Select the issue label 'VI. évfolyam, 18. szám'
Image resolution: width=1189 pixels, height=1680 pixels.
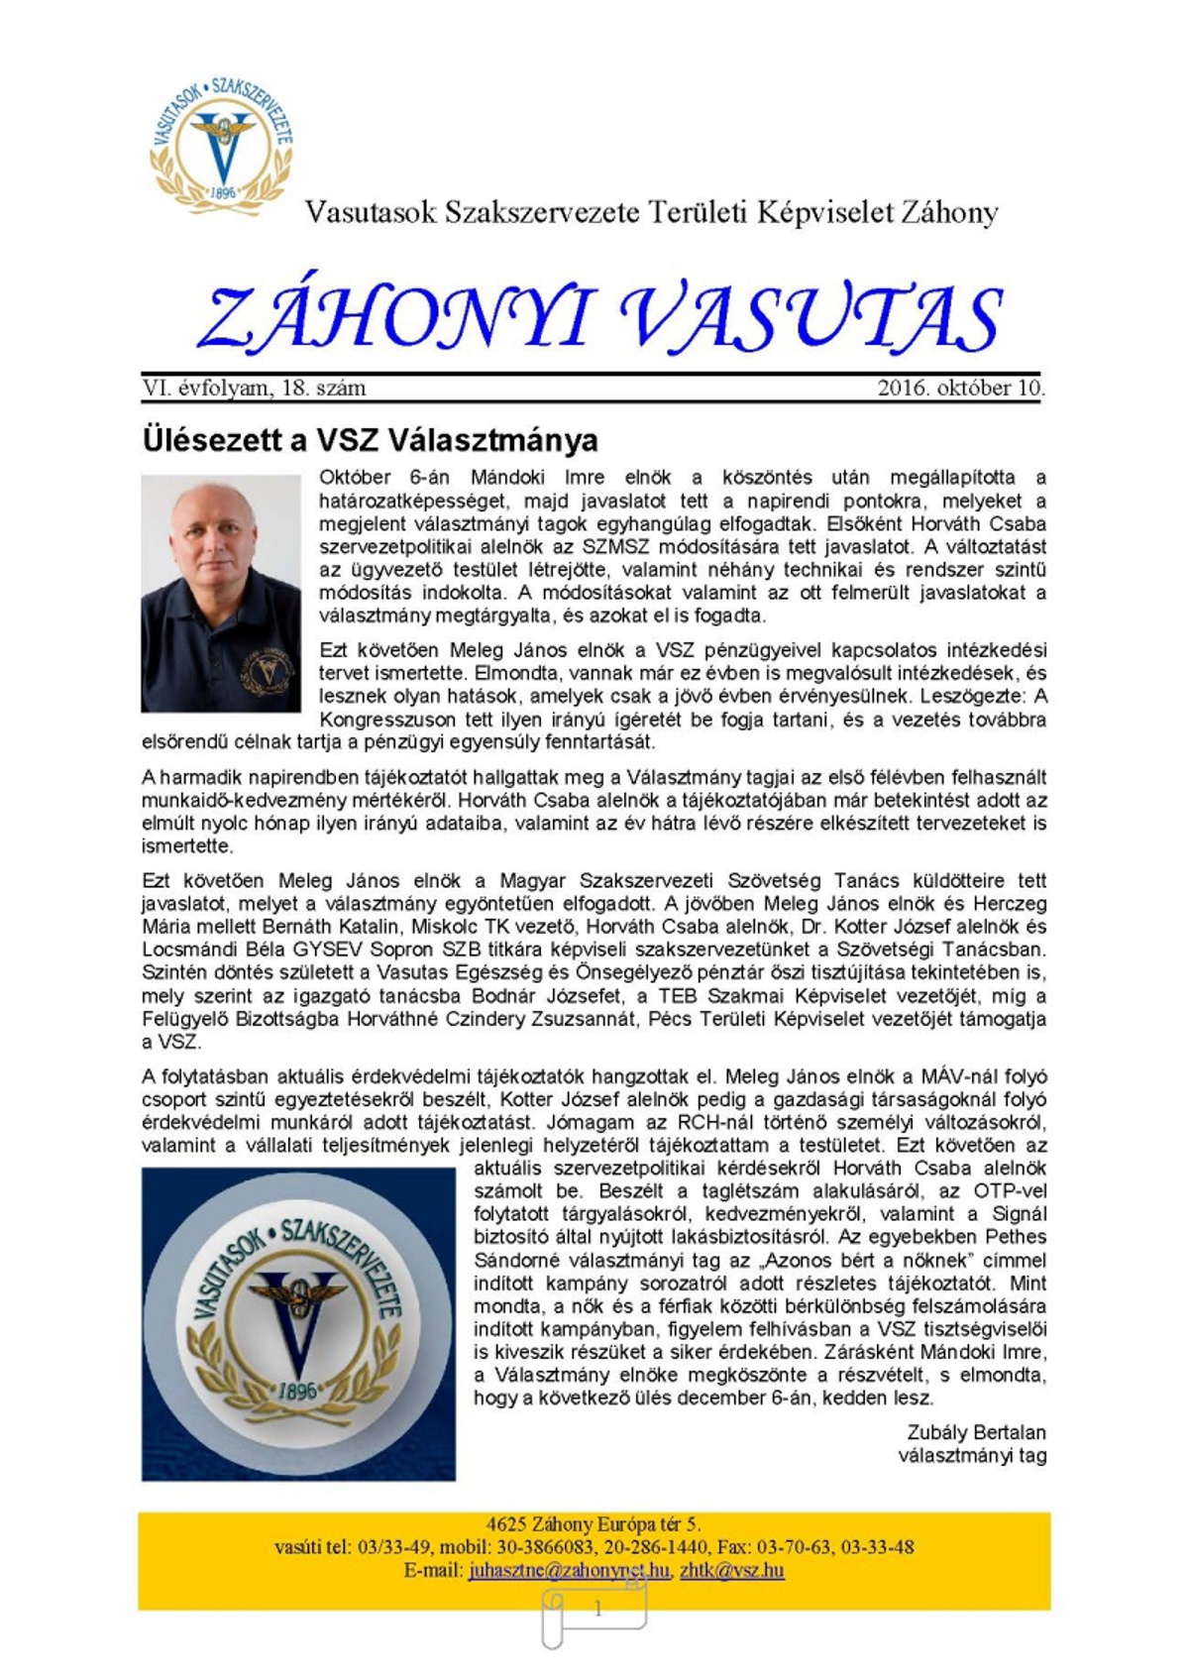pos(254,388)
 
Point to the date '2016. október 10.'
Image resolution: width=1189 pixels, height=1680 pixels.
pos(960,388)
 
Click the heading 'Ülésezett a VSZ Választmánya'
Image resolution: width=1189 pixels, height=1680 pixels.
pos(370,439)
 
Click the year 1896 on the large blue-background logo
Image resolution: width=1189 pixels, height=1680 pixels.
pos(297,1389)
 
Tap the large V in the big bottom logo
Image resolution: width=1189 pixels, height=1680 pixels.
pos(297,1318)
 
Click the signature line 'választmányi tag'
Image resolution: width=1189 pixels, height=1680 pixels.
pos(971,1455)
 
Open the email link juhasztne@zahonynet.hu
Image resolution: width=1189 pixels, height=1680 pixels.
pos(569,1570)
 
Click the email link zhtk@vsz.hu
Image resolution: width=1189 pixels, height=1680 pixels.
pos(731,1570)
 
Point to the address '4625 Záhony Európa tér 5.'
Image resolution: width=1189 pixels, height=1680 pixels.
pos(593,1524)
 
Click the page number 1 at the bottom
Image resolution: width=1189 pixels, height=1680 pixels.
pos(597,1609)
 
